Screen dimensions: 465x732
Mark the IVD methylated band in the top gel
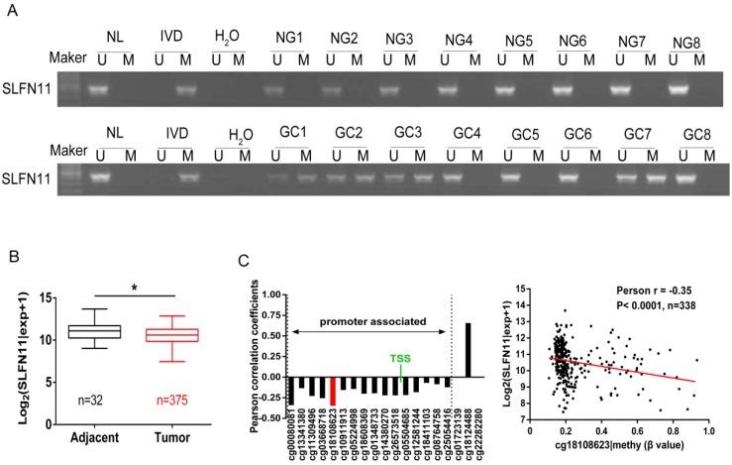(184, 89)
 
